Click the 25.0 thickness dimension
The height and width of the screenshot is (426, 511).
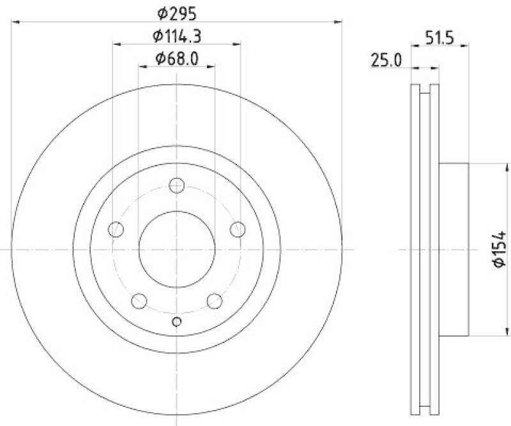(x=386, y=61)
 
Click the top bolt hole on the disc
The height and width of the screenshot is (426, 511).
(x=177, y=186)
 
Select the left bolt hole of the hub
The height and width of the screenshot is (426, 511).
(x=116, y=230)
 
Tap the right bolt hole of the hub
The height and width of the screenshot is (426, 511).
(x=238, y=229)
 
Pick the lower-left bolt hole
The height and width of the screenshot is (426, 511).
(x=139, y=301)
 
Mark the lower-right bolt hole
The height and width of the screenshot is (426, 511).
(x=215, y=301)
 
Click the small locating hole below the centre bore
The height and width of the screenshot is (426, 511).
(x=177, y=321)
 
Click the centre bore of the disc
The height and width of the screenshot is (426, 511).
(x=177, y=249)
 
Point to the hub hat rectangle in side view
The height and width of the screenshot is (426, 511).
(x=454, y=249)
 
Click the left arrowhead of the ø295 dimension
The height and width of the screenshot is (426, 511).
(x=15, y=21)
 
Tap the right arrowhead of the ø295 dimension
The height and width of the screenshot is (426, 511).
(x=339, y=21)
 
